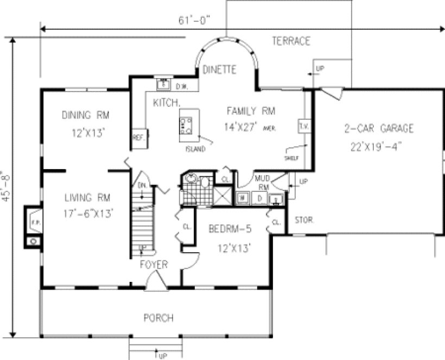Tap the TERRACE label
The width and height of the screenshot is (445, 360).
tap(291, 41)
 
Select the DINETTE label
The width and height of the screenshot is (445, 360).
tap(219, 69)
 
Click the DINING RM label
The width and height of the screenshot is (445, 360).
tap(86, 115)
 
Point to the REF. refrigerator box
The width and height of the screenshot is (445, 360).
tap(138, 138)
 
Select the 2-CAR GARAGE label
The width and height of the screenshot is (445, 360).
tap(379, 128)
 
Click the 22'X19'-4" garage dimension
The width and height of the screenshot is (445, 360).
tap(379, 145)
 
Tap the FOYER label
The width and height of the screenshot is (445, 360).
tap(154, 265)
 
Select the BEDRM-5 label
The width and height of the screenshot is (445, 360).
tap(230, 229)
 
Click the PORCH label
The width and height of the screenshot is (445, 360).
tap(158, 317)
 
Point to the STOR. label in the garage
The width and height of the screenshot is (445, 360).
tap(302, 221)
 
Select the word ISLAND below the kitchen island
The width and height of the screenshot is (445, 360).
tap(195, 149)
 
